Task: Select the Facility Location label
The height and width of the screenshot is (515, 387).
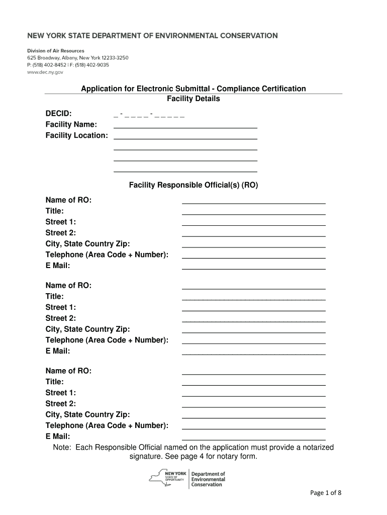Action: pos(76,136)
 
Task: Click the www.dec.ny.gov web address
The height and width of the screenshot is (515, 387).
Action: pos(45,72)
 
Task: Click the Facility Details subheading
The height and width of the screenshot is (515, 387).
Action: pos(193,99)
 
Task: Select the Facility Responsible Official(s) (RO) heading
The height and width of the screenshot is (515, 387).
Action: pos(193,185)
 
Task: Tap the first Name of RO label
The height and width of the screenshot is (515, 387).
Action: pos(68,200)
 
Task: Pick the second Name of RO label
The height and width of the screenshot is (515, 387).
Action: pos(68,286)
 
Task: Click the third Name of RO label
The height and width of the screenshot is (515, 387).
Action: pos(68,371)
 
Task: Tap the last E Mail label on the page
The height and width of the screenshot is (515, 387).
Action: pos(58,437)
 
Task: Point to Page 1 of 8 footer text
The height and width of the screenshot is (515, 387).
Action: pos(325,493)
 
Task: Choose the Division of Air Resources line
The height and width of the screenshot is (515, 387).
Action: pos(55,51)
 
